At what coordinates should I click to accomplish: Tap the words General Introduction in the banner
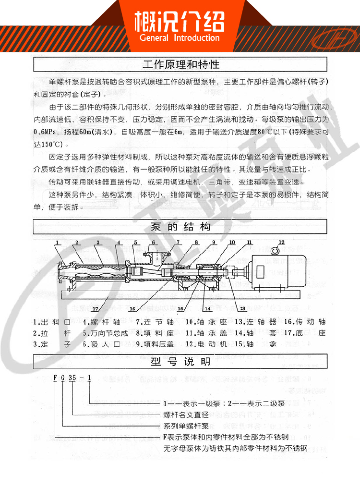tap(180, 38)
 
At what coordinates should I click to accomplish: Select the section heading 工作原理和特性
tap(181, 64)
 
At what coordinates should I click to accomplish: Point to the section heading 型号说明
tap(180, 361)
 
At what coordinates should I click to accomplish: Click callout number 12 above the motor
tap(281, 241)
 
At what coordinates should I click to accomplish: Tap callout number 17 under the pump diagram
tap(95, 308)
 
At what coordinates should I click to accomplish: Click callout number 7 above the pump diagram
tap(178, 242)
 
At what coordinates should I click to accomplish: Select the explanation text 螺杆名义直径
tap(186, 415)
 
